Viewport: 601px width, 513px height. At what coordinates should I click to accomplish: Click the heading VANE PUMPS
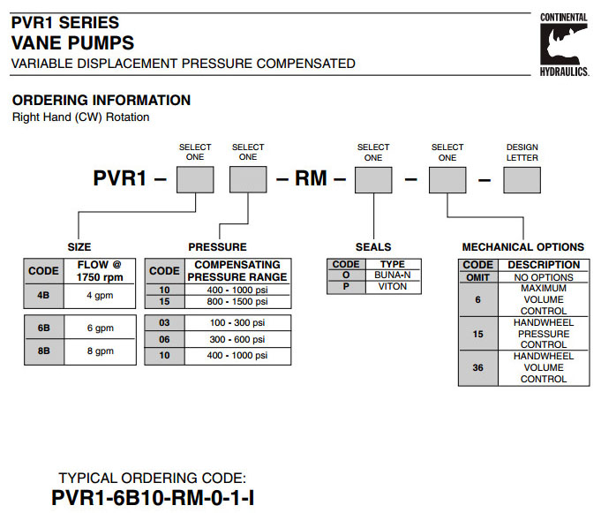tap(72, 42)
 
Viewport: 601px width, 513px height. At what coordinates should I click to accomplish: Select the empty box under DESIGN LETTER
tap(522, 181)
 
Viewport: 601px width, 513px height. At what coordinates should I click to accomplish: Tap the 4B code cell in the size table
tap(43, 295)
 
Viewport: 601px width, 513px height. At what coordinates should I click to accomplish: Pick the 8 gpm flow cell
tap(99, 351)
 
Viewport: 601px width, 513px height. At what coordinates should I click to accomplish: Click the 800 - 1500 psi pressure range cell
tap(237, 301)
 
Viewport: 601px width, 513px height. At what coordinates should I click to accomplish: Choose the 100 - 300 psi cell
tap(237, 323)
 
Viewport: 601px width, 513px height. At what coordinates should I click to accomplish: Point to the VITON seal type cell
tap(392, 287)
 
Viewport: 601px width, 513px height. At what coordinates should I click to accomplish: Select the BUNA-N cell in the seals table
tap(392, 275)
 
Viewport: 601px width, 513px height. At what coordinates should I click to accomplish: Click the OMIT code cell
tap(477, 277)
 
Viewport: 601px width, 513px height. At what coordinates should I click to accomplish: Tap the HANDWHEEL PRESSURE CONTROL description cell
tap(544, 334)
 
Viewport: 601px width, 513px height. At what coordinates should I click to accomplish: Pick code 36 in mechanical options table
tap(477, 367)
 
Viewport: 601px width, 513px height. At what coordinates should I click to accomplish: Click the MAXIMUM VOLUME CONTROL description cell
tap(544, 300)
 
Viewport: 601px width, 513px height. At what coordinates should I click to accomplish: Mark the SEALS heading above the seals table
tap(373, 247)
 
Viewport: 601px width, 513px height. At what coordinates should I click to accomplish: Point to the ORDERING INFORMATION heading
tap(101, 101)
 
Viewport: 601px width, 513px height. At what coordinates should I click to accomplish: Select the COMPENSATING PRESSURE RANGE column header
tap(237, 270)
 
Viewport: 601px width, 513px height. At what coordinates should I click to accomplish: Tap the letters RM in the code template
tap(311, 180)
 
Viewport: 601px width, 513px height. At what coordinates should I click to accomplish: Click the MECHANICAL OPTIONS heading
tap(522, 247)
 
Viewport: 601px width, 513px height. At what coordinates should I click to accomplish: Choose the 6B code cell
tap(43, 328)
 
